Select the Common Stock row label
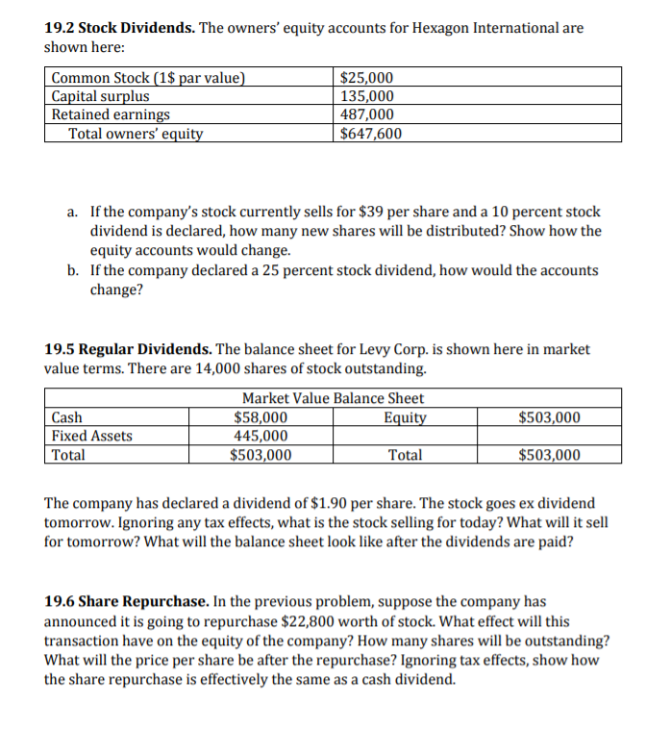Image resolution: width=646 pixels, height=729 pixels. tap(148, 78)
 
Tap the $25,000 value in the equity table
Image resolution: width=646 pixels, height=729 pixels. tap(367, 78)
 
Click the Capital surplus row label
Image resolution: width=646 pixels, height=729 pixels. tap(100, 96)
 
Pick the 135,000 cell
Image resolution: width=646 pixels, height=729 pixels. tap(367, 96)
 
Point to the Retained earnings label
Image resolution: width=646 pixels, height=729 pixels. tap(111, 114)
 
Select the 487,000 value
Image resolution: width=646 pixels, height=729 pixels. tap(367, 114)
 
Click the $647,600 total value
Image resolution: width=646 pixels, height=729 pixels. tap(371, 133)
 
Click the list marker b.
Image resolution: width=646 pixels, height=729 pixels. tap(74, 270)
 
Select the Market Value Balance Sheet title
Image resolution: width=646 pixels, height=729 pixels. tap(333, 398)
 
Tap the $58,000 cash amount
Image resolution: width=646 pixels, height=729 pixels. tap(261, 417)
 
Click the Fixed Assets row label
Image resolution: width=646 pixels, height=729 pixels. tap(92, 436)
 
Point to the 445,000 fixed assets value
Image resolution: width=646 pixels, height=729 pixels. tap(261, 436)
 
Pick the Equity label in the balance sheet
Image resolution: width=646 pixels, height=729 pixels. tap(405, 417)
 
